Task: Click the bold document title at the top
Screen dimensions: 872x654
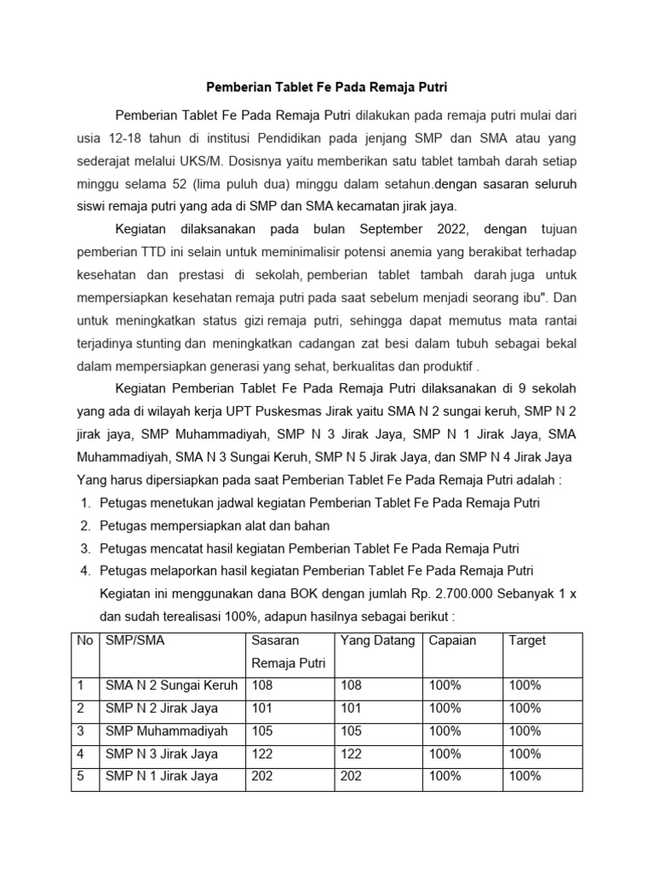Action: pos(327,87)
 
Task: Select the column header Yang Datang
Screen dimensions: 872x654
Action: pos(377,640)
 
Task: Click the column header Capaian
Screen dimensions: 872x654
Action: pos(453,640)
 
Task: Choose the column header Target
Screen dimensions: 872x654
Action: pos(527,640)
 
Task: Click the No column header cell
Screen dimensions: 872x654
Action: pos(85,640)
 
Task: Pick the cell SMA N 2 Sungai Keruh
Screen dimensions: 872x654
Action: pos(171,686)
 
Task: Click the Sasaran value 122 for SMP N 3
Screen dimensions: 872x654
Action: pos(263,754)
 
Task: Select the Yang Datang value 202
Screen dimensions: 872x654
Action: pos(351,776)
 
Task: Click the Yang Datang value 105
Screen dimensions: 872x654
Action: pos(351,731)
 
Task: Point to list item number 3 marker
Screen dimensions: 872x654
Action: pos(85,548)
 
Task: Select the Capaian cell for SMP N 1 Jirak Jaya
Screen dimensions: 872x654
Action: pos(445,776)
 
